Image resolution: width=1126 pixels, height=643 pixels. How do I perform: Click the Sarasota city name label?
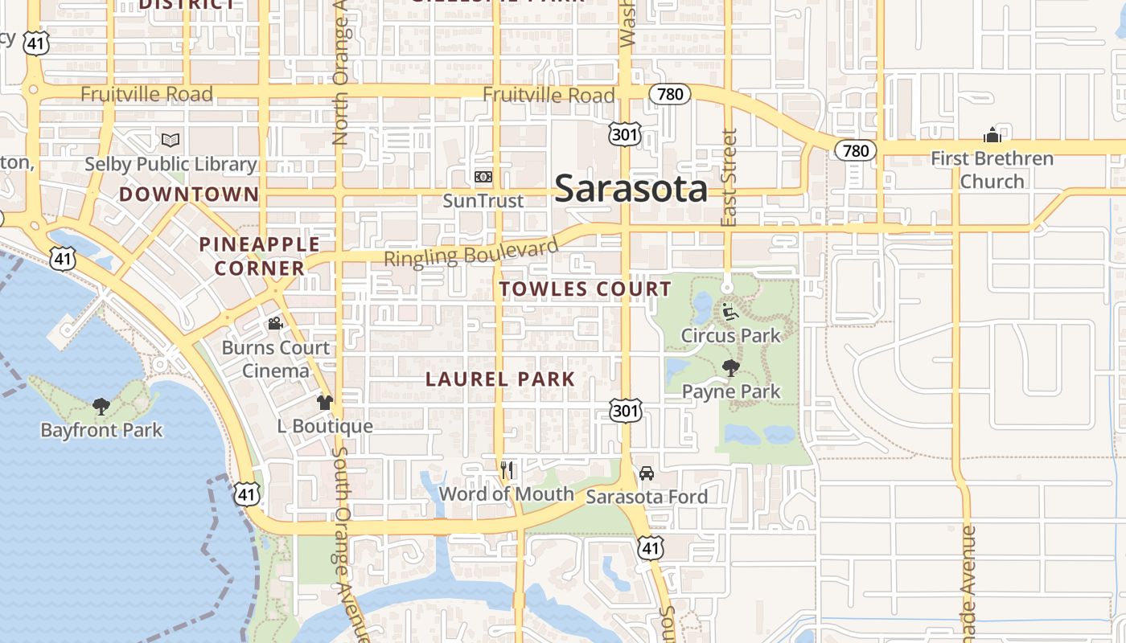631,189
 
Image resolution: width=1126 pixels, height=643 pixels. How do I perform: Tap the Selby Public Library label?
171,165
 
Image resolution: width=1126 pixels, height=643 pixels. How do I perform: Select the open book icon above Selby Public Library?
171,141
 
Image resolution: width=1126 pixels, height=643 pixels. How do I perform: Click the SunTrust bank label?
483,201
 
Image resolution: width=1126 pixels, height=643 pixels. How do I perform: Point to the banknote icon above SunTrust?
483,177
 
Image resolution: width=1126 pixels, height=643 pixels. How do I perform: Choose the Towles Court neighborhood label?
585,289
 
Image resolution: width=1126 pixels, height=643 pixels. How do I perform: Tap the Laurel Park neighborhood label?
500,379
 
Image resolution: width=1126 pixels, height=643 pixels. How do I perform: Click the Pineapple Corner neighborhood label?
259,256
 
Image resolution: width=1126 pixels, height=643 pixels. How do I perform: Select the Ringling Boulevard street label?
471,253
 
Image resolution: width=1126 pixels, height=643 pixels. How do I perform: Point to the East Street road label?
729,177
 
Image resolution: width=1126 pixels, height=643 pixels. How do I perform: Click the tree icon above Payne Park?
730,369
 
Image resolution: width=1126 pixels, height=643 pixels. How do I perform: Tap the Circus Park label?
730,335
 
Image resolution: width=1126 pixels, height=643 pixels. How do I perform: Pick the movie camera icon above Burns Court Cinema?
275,324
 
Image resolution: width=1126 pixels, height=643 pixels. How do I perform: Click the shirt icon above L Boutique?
325,403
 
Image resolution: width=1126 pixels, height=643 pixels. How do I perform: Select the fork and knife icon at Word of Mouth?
507,470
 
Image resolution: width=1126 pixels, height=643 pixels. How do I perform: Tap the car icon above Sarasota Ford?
647,473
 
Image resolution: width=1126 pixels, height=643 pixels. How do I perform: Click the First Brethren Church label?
992,170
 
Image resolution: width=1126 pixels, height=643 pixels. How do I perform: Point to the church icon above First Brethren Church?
992,135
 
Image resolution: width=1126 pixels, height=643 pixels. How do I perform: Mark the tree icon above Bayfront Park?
101,407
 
